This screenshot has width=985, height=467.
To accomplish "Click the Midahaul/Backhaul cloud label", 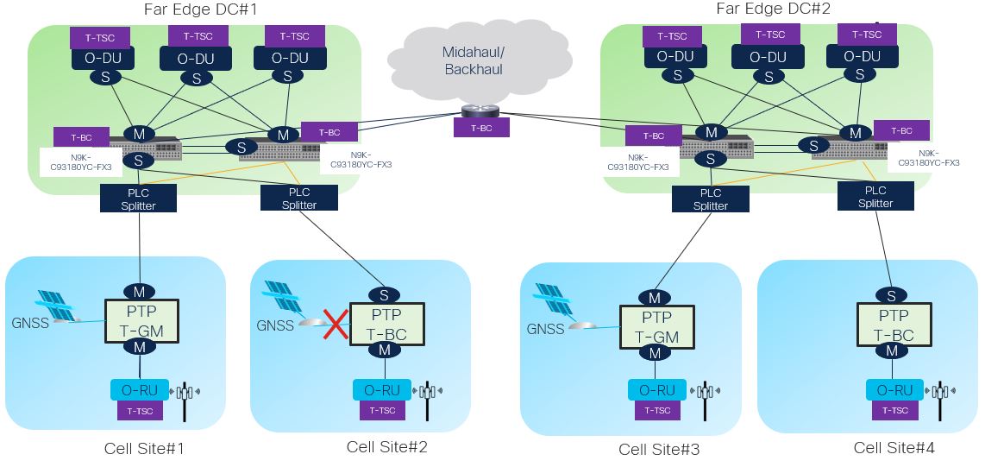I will [473, 60].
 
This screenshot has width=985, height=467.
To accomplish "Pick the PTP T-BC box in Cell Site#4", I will [892, 325].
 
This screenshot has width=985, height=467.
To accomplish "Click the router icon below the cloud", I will [474, 110].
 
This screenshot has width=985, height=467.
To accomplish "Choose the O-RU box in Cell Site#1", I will [140, 389].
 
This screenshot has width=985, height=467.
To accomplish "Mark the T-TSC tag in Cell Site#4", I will [893, 410].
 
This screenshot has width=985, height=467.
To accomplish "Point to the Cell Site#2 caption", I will [386, 446].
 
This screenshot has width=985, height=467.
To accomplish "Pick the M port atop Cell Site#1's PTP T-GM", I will [140, 289].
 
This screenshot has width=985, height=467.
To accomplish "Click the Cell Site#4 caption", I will [894, 447].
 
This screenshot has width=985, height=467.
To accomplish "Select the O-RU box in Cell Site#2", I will [382, 390].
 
